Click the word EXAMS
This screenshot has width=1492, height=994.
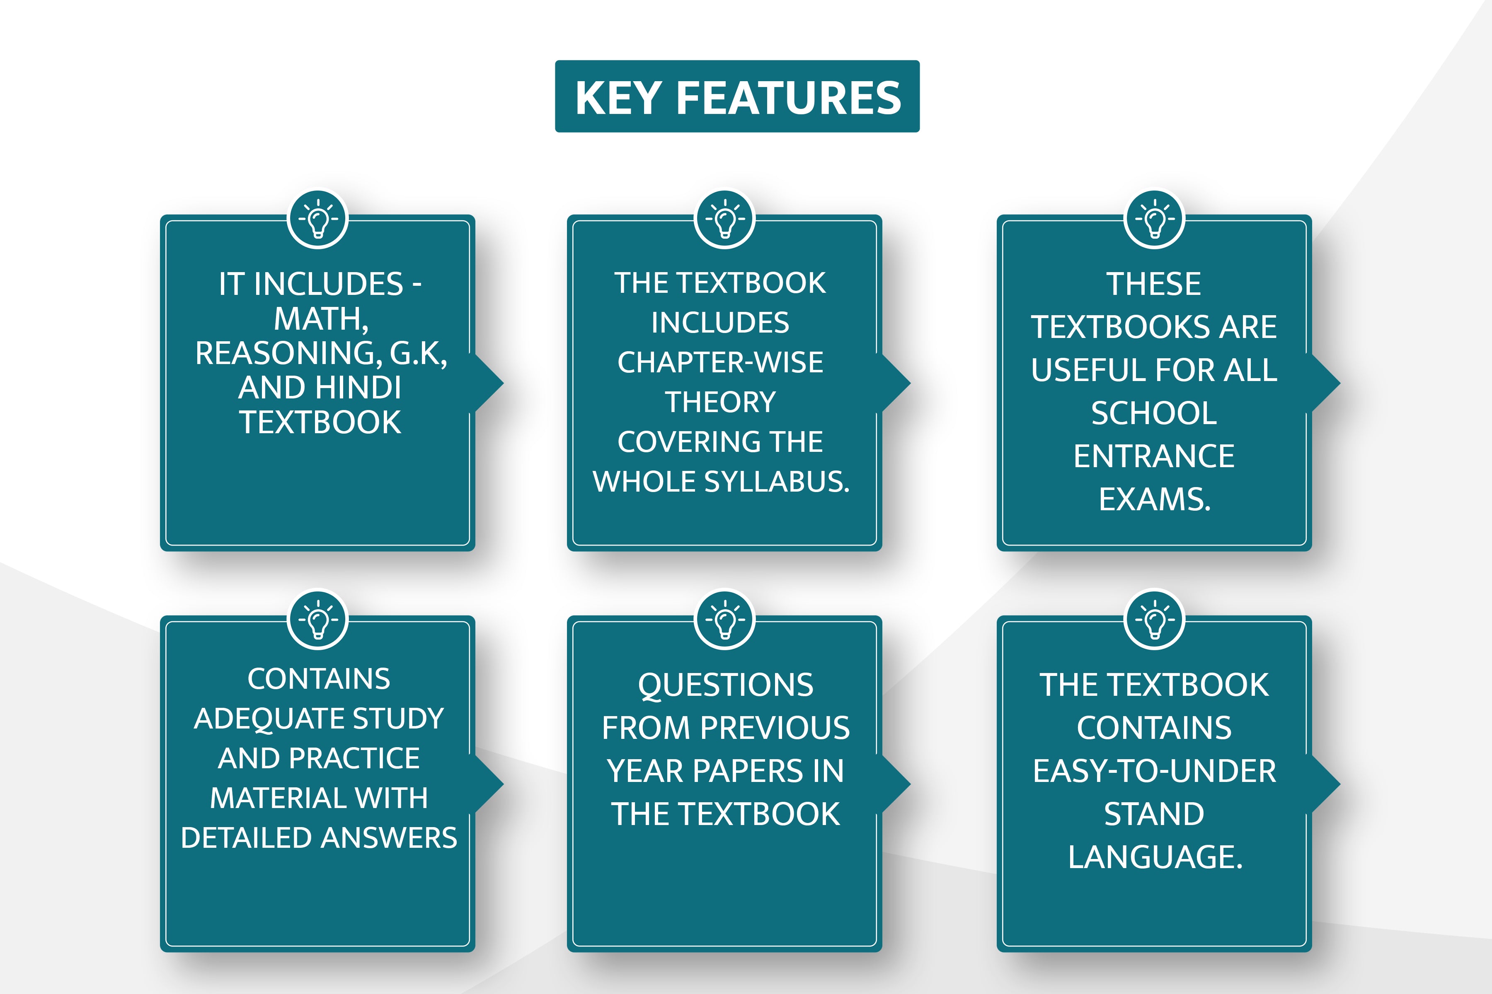click(x=1155, y=499)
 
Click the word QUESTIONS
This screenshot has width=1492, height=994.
click(x=726, y=686)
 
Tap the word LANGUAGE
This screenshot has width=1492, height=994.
click(x=1155, y=857)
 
